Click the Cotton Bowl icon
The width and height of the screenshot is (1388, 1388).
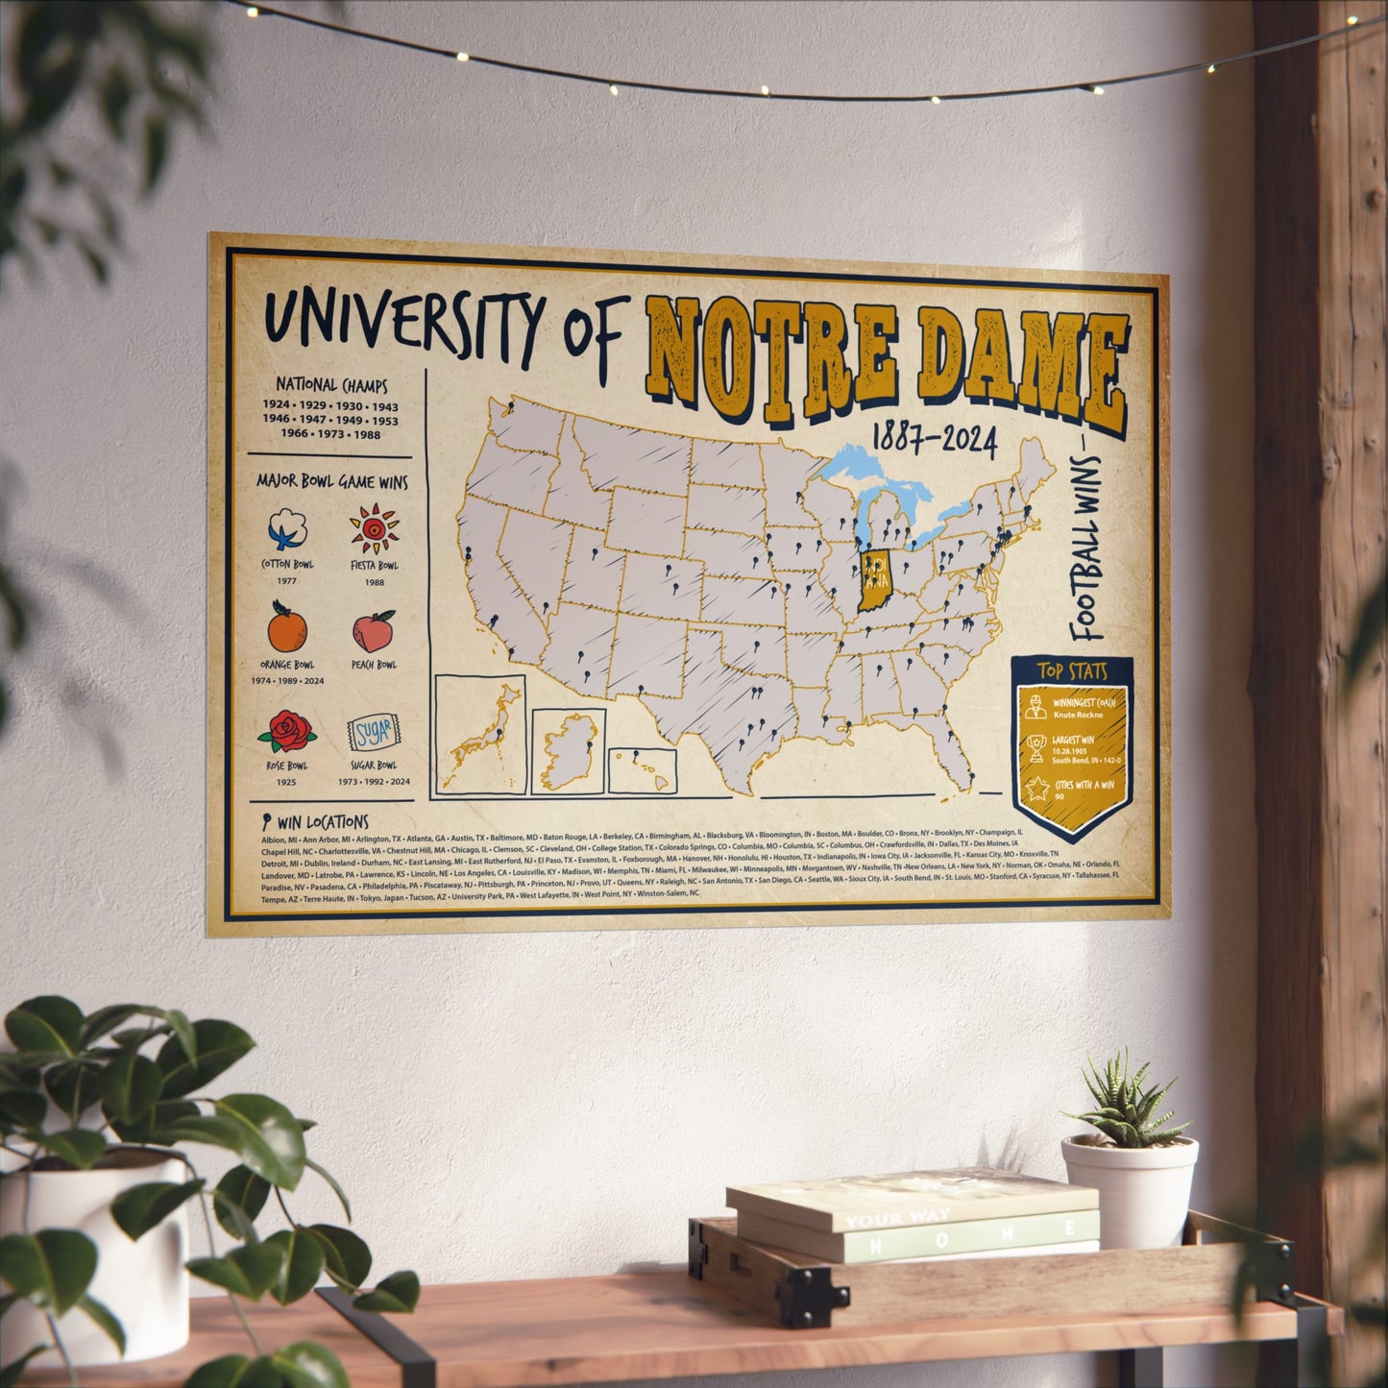[x=289, y=529]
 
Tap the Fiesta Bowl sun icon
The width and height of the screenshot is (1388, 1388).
[x=374, y=529]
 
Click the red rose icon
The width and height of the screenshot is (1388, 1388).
[x=287, y=732]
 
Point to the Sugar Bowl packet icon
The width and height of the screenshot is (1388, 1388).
[x=374, y=734]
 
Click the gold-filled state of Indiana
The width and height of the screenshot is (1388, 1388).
[x=874, y=581]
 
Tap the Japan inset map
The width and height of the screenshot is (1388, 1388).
[x=480, y=735]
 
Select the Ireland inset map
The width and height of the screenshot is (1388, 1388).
[x=569, y=752]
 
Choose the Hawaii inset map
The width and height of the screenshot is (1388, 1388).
[x=643, y=770]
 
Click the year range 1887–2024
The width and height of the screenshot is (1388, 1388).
[x=934, y=441]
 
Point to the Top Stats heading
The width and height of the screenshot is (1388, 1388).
[x=1072, y=671]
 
